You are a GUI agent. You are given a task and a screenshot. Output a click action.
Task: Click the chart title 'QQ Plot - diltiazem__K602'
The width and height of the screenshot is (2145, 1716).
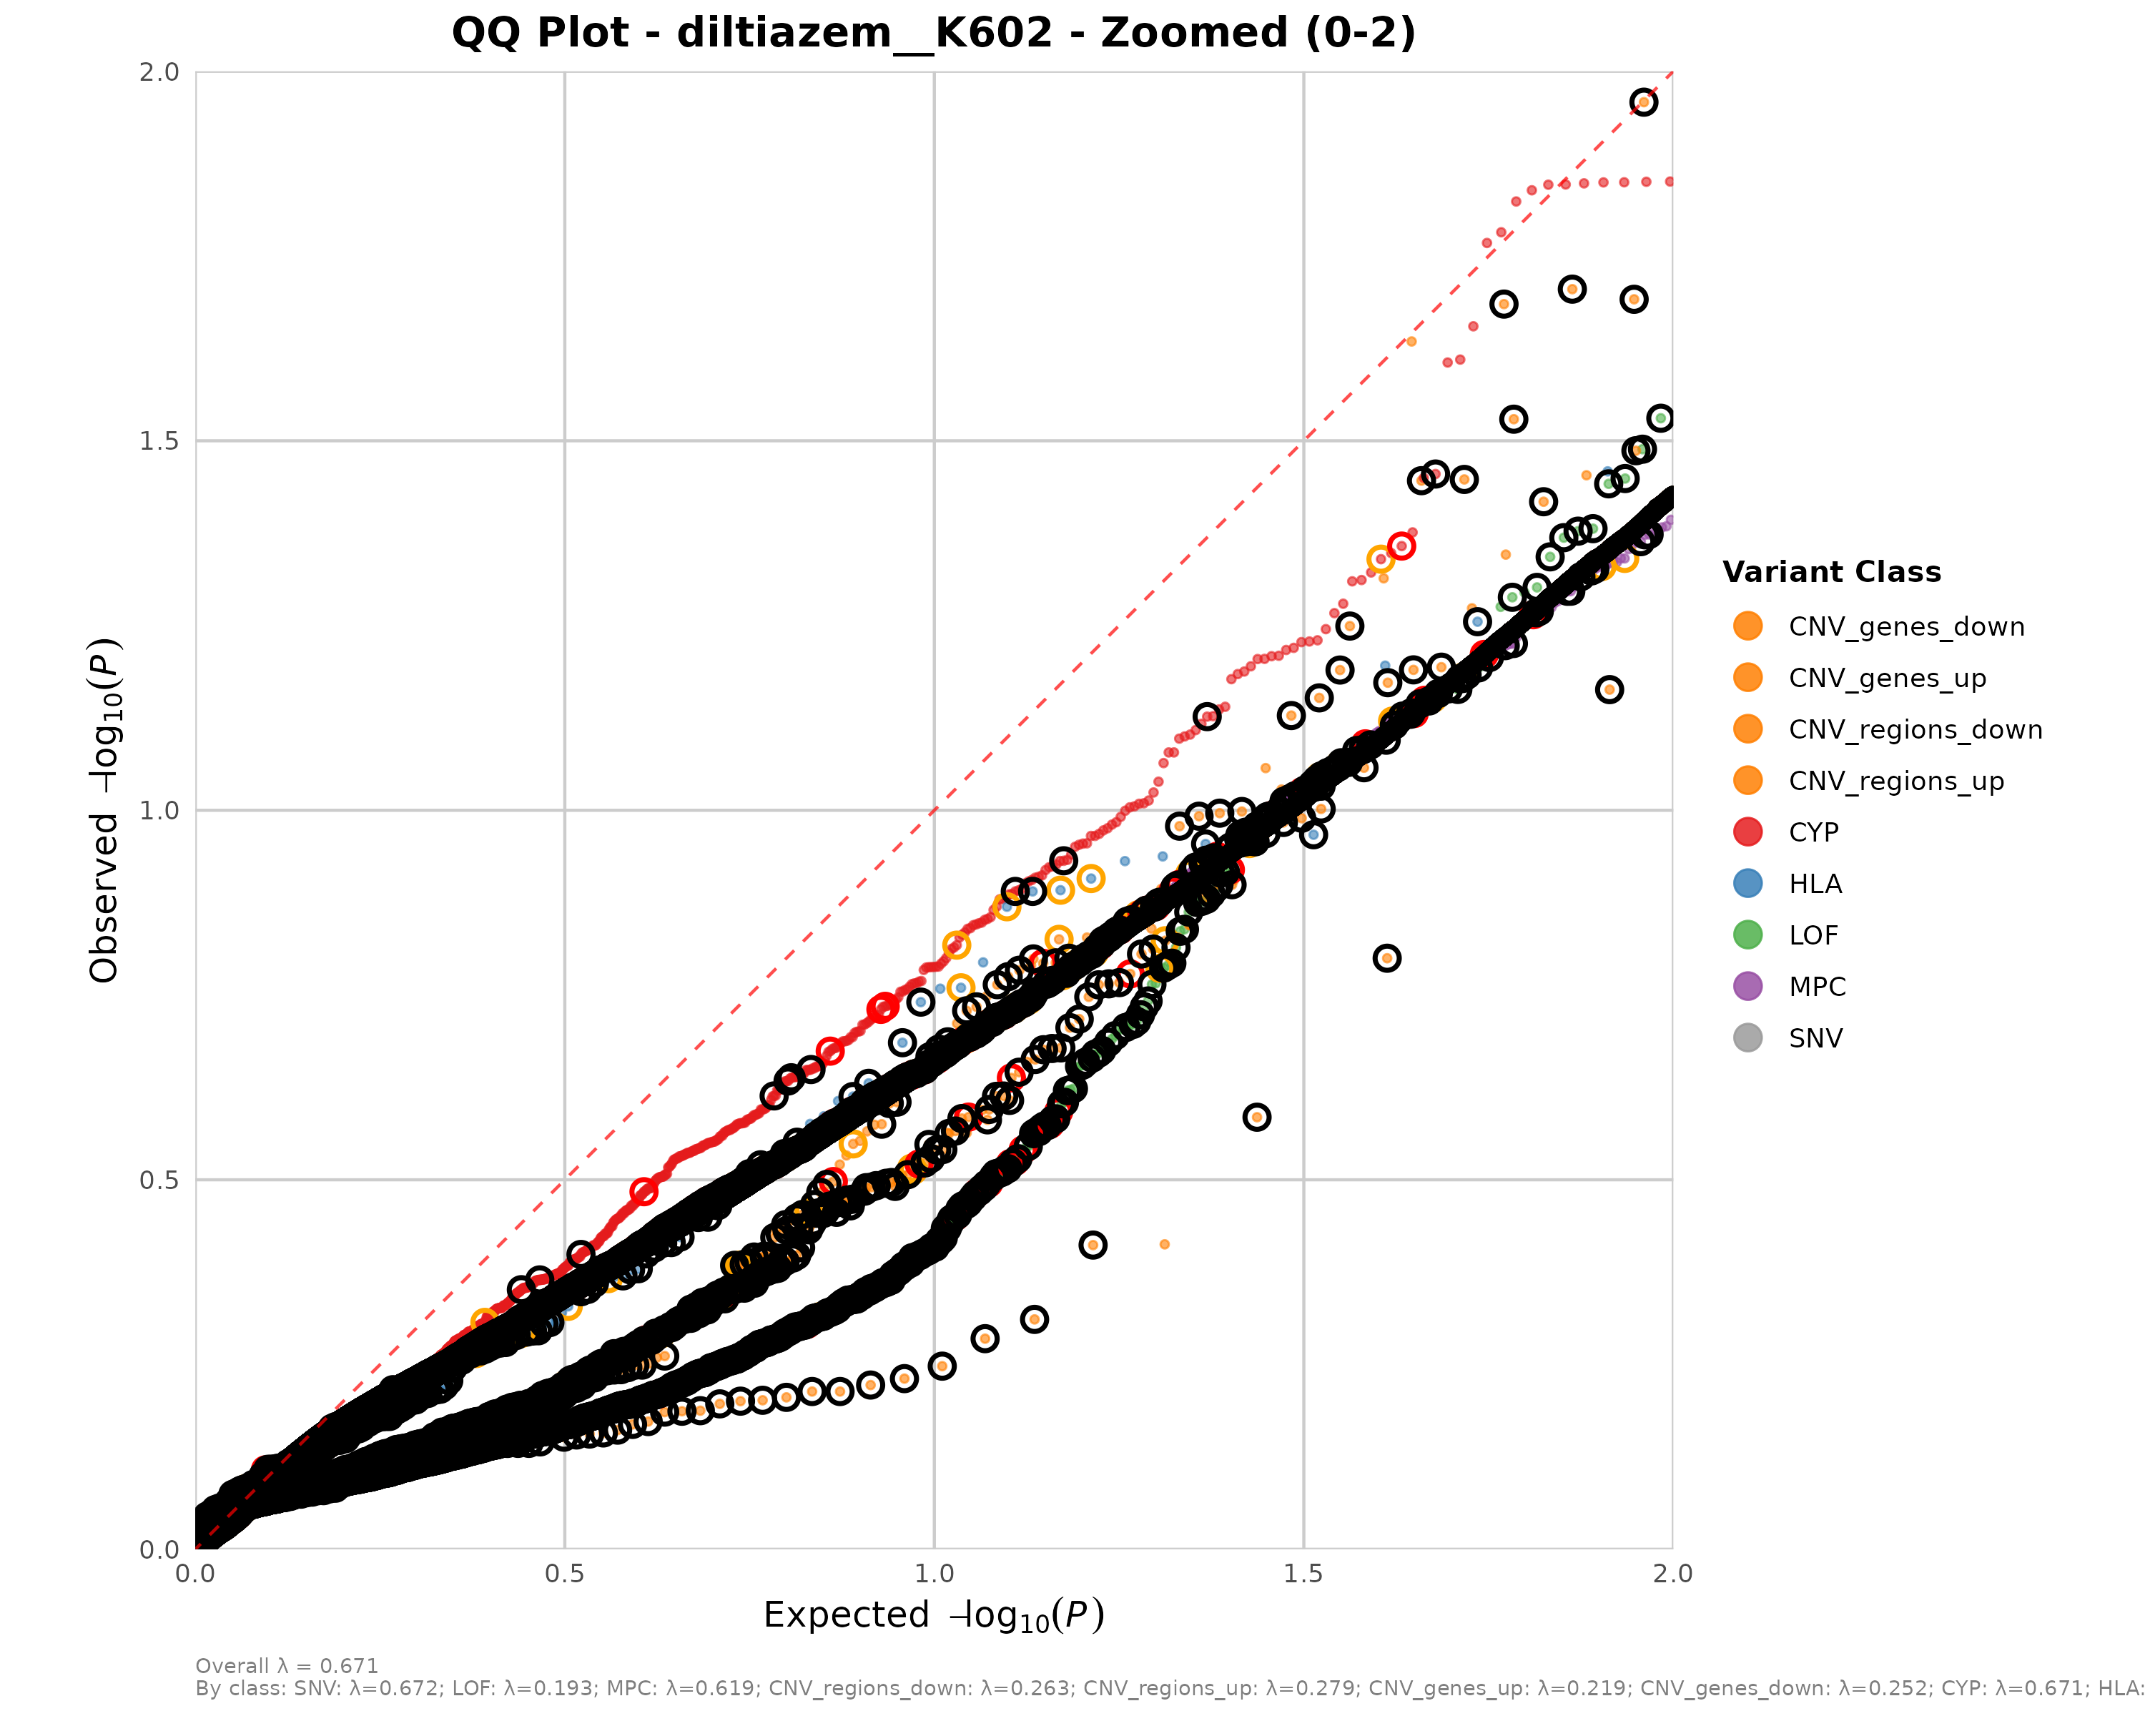pos(933,33)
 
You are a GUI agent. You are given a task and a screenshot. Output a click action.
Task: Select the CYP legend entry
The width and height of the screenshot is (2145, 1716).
pos(1813,833)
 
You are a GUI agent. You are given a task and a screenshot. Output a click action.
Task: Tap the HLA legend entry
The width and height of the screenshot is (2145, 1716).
pos(1815,884)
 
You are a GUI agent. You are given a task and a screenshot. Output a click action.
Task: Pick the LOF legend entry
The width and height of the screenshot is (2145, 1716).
pos(1813,935)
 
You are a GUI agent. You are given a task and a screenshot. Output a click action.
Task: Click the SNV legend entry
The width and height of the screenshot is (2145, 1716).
pos(1815,1039)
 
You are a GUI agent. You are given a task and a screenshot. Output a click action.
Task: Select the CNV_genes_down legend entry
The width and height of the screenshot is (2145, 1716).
pos(1905,627)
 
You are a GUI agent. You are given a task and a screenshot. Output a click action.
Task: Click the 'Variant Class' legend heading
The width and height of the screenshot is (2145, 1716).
pos(1830,572)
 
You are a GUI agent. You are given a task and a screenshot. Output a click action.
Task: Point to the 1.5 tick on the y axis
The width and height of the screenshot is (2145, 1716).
pos(159,440)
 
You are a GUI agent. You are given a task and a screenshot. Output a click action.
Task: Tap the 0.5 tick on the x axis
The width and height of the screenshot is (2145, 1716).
pos(564,1574)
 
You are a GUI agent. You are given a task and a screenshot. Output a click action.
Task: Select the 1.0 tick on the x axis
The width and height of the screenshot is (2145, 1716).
pos(933,1574)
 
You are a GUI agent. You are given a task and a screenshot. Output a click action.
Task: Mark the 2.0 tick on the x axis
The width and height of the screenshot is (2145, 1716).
pos(1672,1574)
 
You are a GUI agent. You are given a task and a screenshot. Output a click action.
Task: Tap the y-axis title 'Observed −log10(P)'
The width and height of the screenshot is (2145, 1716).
pos(104,810)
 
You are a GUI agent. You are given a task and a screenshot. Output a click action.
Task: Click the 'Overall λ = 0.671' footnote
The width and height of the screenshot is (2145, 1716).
pos(287,1665)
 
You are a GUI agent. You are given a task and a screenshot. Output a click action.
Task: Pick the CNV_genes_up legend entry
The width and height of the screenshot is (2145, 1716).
pos(1886,679)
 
